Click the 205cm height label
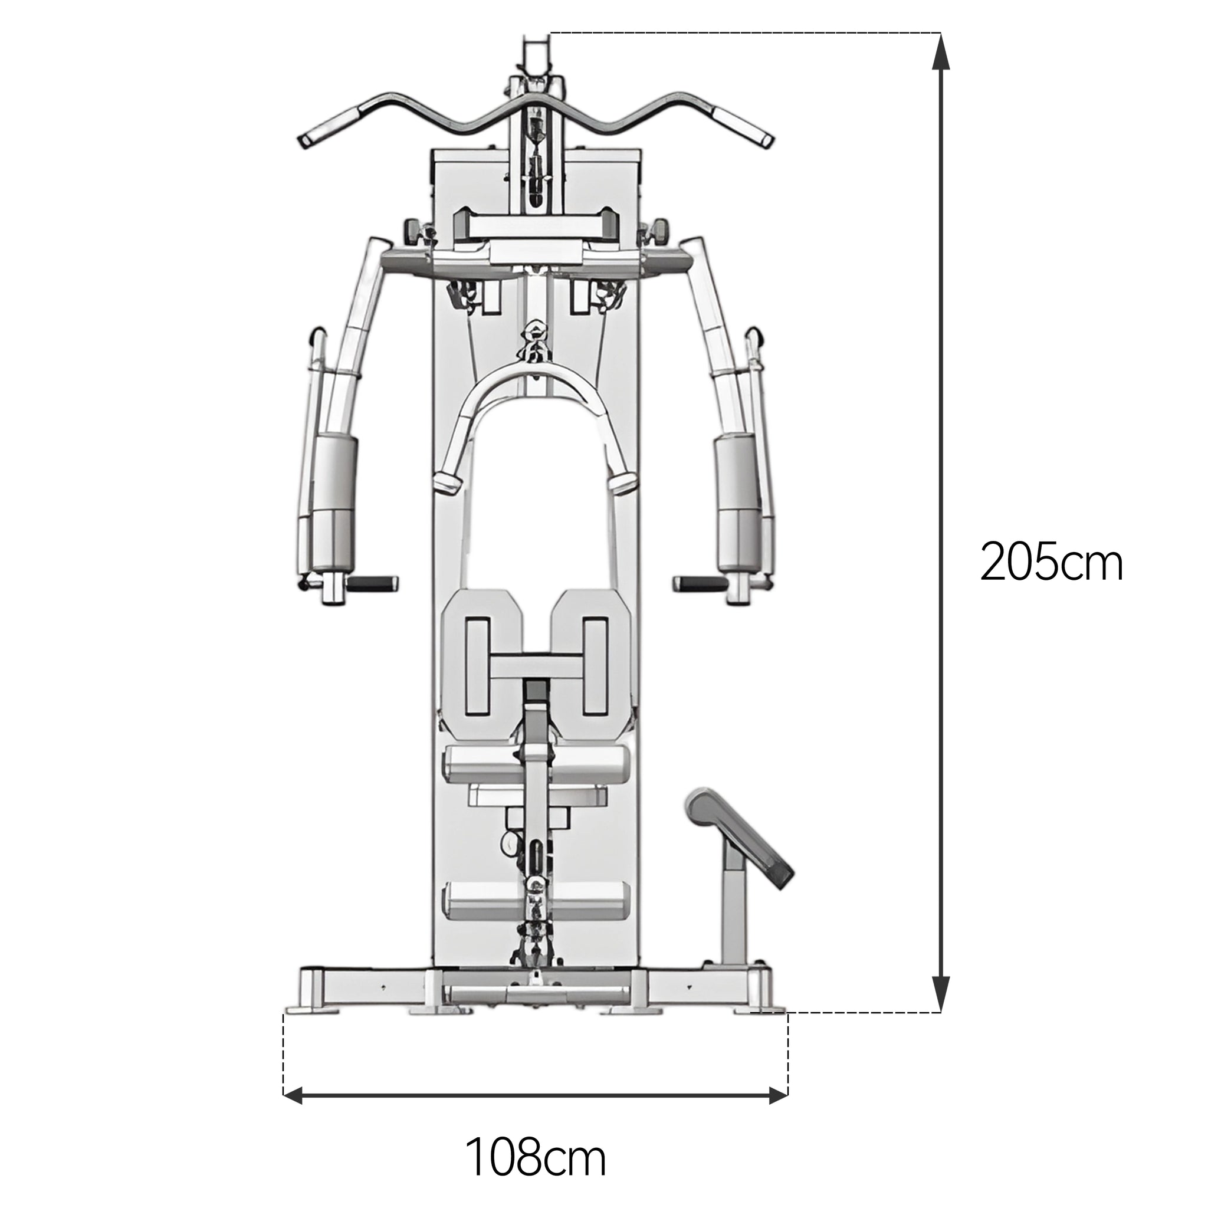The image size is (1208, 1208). [1051, 562]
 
